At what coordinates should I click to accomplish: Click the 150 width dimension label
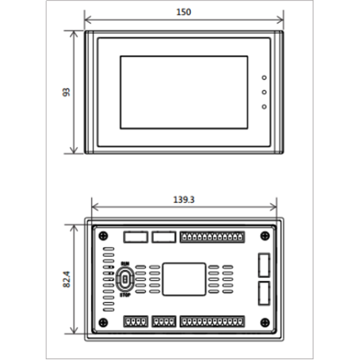click(184, 12)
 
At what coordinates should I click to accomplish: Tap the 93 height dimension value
click(66, 92)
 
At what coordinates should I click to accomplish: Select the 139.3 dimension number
click(184, 199)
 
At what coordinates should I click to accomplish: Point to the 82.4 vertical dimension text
click(66, 279)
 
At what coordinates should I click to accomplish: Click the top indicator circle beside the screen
click(264, 78)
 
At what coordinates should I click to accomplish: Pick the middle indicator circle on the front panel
click(264, 92)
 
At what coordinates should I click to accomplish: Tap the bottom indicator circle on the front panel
click(264, 107)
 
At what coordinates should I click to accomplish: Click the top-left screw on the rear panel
click(103, 236)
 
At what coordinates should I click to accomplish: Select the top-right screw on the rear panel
click(265, 236)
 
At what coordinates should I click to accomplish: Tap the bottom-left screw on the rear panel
click(103, 322)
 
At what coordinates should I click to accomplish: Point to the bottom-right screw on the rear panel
click(265, 322)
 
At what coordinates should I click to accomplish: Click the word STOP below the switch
click(125, 295)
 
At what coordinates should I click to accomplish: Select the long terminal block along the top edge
click(212, 237)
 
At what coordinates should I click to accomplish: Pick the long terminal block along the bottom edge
click(212, 321)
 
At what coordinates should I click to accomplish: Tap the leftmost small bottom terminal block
click(136, 321)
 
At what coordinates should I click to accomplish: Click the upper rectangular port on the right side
click(264, 265)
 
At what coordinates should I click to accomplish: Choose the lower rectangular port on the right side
click(264, 293)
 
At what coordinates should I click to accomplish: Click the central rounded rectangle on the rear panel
click(184, 279)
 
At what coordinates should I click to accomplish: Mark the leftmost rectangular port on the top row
click(136, 237)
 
